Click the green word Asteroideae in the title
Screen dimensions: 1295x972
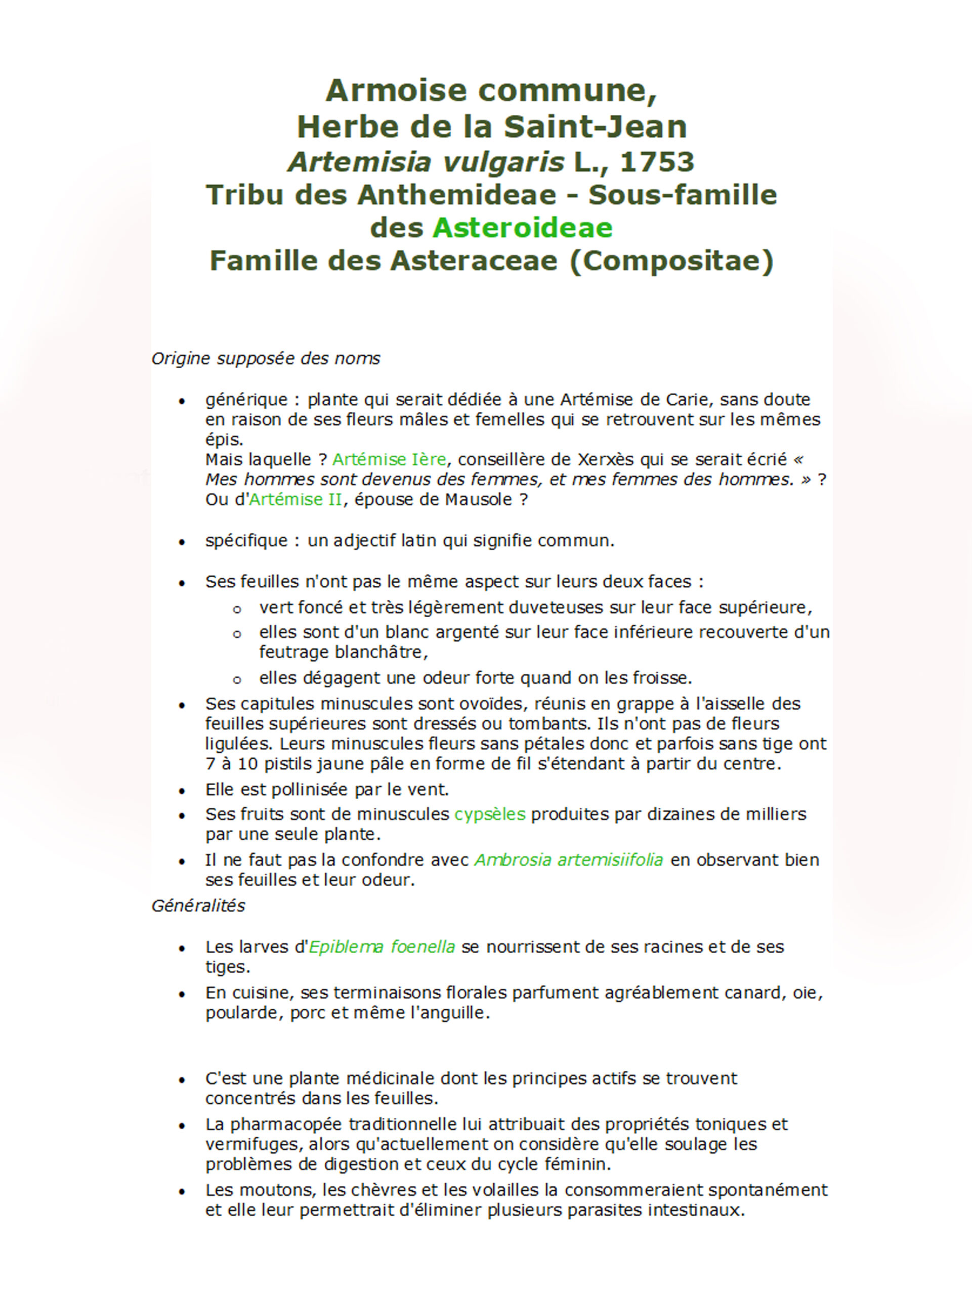522,228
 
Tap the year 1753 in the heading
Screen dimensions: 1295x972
656,161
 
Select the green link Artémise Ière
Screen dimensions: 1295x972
389,459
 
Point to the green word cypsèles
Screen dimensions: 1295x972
489,814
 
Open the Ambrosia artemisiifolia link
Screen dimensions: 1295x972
569,859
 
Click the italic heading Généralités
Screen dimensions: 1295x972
198,905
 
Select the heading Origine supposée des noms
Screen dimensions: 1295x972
265,358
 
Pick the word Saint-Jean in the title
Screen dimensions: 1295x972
595,126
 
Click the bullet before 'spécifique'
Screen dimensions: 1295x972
182,543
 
